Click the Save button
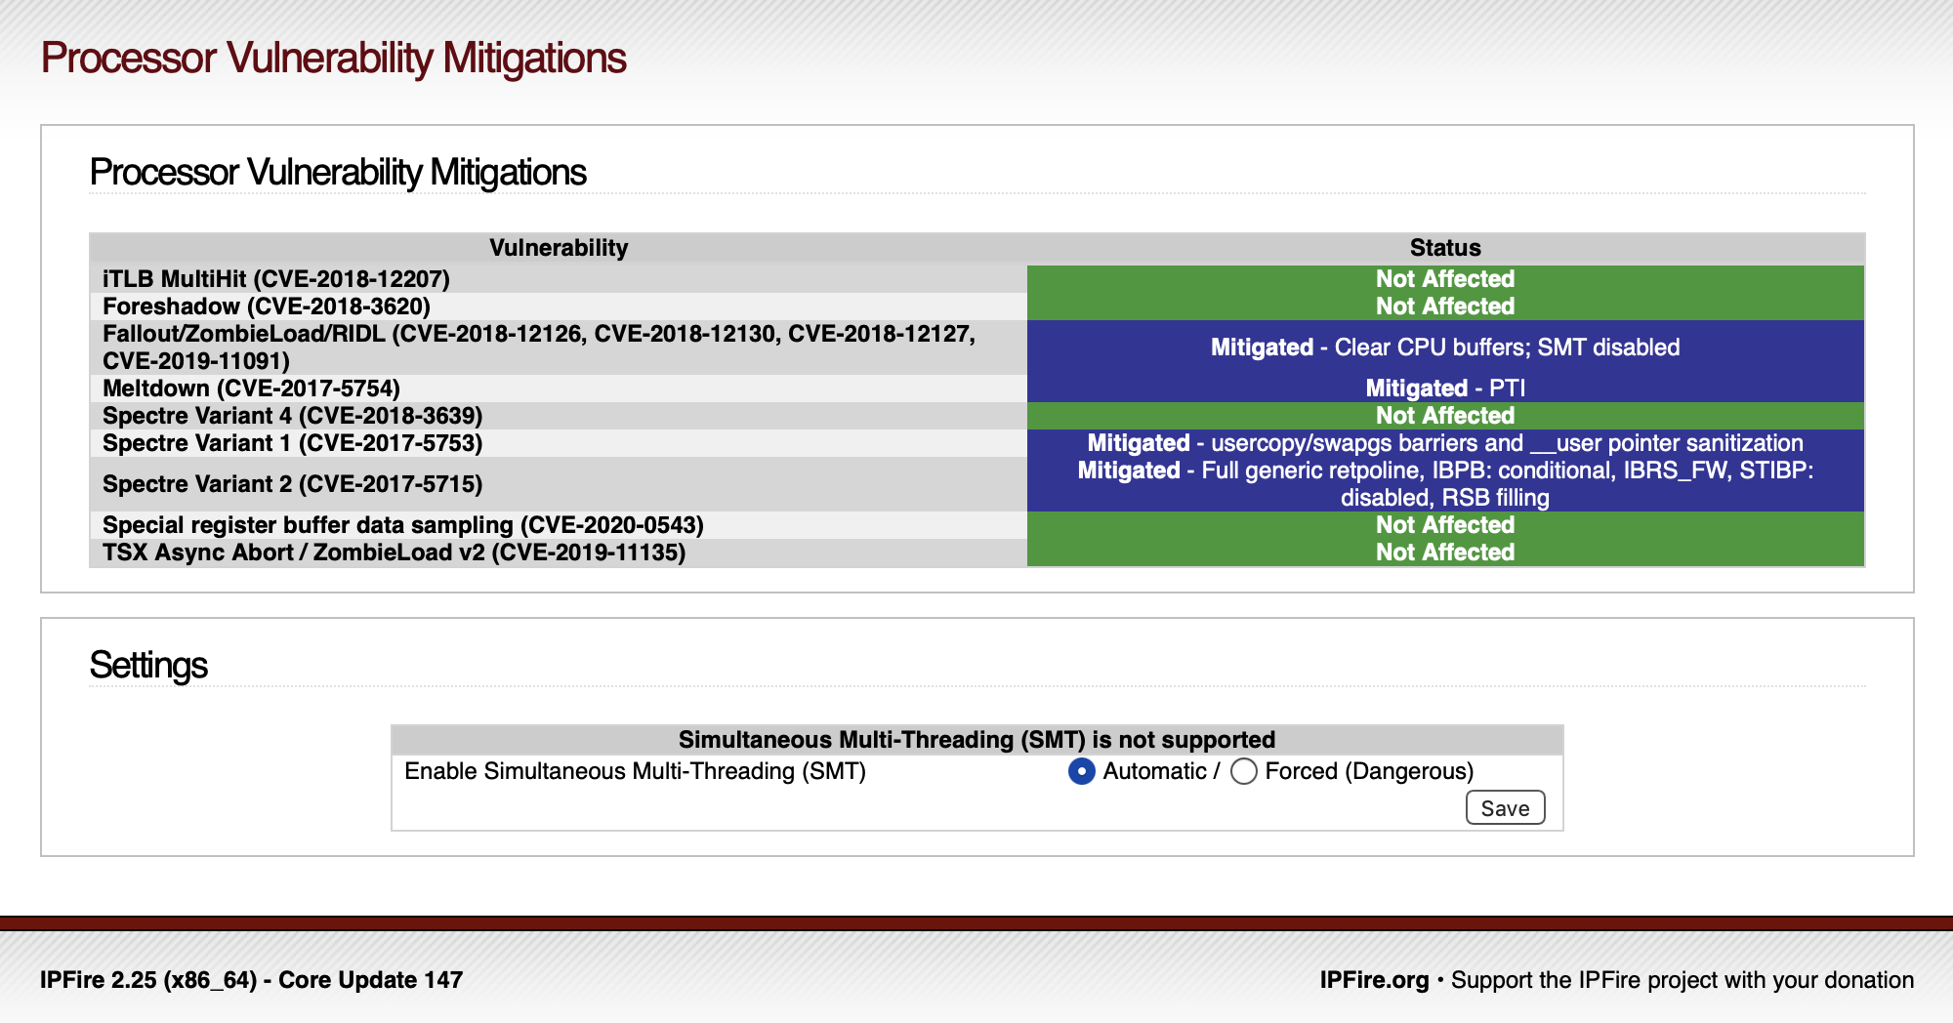click(1505, 807)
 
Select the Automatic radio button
click(1082, 771)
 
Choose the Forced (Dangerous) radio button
click(1244, 771)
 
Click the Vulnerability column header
click(559, 248)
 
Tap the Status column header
click(1445, 248)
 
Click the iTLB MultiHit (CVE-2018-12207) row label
click(276, 279)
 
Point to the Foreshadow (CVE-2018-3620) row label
click(267, 307)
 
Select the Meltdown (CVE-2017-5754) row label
click(252, 389)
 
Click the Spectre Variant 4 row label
click(293, 416)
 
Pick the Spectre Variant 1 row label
click(293, 443)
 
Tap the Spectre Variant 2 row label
click(293, 484)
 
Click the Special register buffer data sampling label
click(403, 525)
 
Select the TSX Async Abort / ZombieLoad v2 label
click(395, 552)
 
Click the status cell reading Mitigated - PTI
click(1445, 389)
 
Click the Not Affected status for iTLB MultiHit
click(1445, 279)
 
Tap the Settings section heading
click(148, 666)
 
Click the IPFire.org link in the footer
click(1374, 980)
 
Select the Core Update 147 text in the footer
click(371, 980)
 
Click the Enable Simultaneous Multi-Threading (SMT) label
click(636, 771)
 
